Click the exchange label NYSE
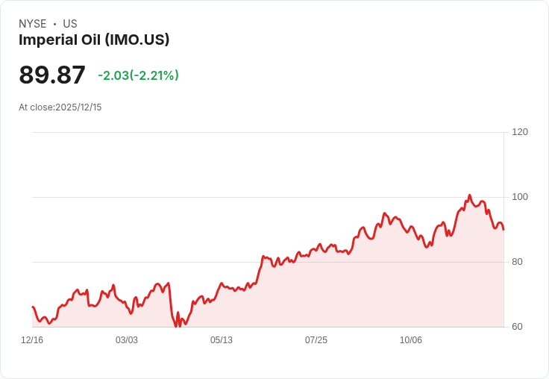[x=33, y=24]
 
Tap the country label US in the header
[x=70, y=24]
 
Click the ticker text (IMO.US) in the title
[x=137, y=40]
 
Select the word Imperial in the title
[x=48, y=40]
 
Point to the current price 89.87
[x=52, y=75]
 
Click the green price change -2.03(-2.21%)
[x=138, y=75]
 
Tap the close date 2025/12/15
[x=78, y=107]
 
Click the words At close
[x=36, y=107]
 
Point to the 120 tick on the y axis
[x=520, y=132]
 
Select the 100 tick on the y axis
[x=520, y=197]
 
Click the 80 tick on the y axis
[x=517, y=262]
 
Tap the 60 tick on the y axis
[x=517, y=327]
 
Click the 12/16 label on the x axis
[x=32, y=340]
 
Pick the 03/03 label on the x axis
[x=127, y=340]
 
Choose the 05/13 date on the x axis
[x=222, y=340]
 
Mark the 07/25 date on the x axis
[x=316, y=340]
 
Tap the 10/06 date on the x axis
[x=411, y=340]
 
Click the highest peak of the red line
[x=470, y=195]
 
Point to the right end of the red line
[x=503, y=230]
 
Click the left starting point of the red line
[x=33, y=307]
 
